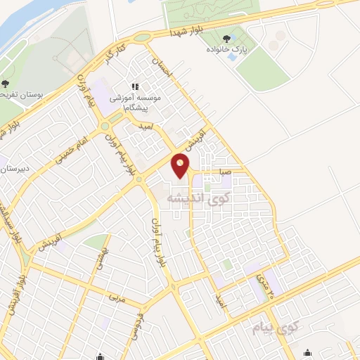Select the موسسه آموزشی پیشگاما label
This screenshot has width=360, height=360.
tap(139, 104)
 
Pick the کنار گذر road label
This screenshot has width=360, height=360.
tap(115, 55)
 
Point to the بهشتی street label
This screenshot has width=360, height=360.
tap(98, 257)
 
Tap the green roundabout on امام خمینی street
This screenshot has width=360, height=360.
tap(105, 127)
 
